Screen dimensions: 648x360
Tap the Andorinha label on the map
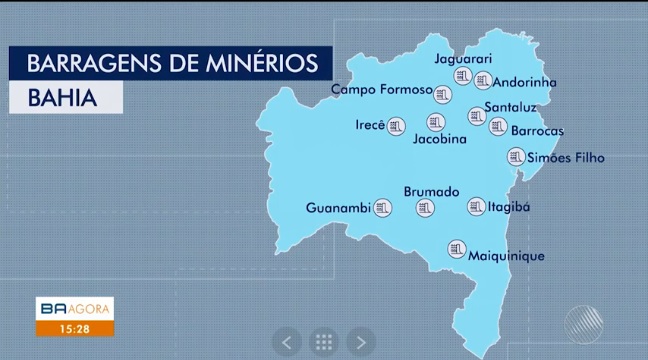529,83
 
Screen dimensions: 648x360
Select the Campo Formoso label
381,90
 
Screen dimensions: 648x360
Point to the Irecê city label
371,126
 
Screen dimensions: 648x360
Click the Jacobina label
440,139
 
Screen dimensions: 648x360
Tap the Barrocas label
537,131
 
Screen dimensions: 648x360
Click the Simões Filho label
566,157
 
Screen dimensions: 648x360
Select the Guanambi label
338,208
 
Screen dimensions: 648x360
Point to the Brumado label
431,191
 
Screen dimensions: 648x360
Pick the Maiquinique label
507,256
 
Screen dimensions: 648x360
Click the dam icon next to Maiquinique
457,247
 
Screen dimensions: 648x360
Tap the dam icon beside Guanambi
382,208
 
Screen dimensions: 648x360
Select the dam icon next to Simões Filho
516,157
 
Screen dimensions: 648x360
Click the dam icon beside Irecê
397,126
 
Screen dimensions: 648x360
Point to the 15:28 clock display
73,328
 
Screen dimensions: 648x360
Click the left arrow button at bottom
287,341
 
